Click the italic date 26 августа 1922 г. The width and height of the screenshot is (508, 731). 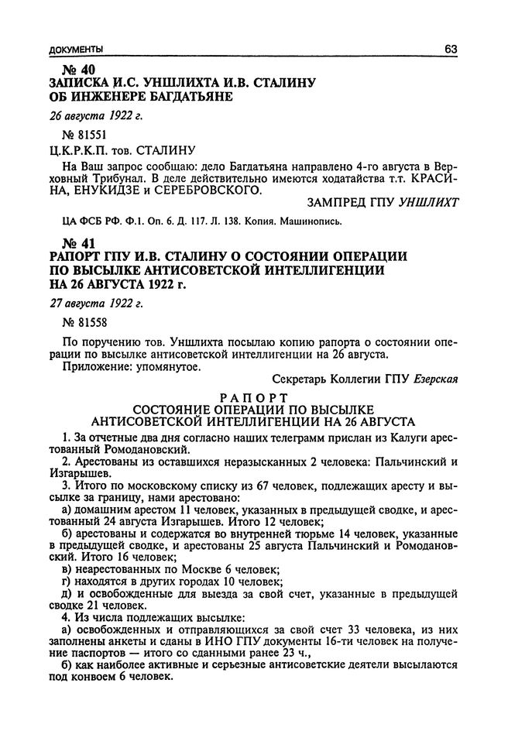(x=96, y=116)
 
